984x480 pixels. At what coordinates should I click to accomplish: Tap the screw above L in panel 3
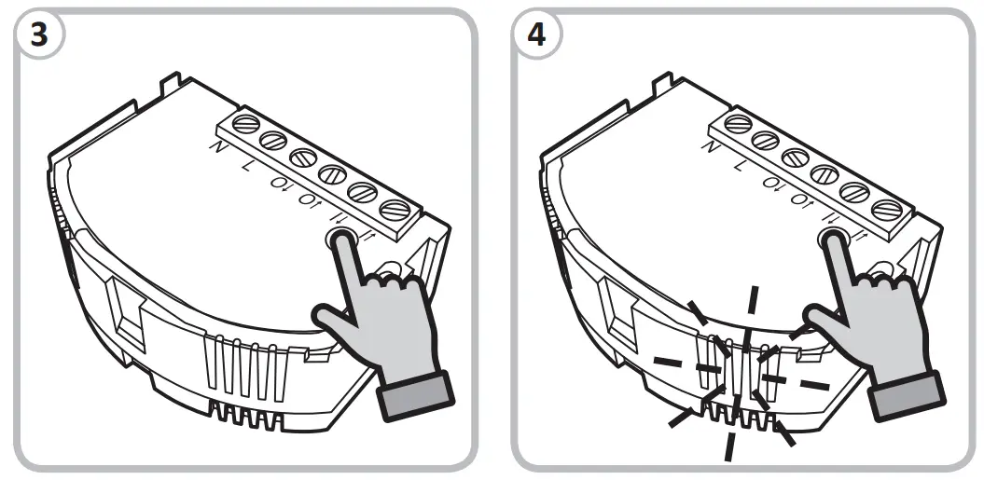273,140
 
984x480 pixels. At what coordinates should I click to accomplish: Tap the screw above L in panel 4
766,140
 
